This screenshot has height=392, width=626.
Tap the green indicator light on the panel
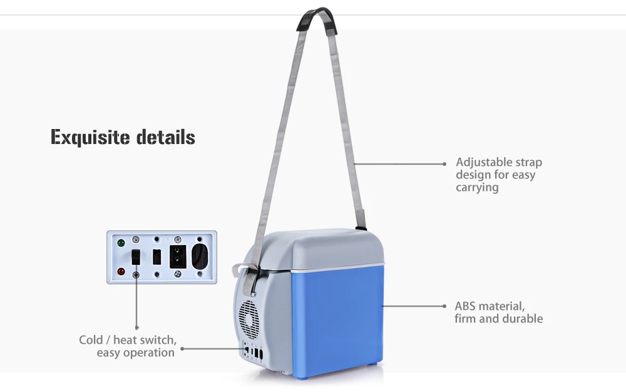click(121, 242)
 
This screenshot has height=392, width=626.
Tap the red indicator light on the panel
click(121, 272)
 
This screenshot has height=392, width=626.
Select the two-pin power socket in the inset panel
click(178, 257)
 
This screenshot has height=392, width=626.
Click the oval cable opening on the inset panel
click(199, 256)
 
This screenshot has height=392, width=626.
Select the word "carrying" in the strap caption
click(477, 187)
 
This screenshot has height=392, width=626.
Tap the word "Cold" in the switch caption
click(91, 340)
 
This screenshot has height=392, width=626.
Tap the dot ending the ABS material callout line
click(444, 306)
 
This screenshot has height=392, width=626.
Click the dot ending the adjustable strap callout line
click(444, 164)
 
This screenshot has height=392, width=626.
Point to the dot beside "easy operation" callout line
click(182, 349)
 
